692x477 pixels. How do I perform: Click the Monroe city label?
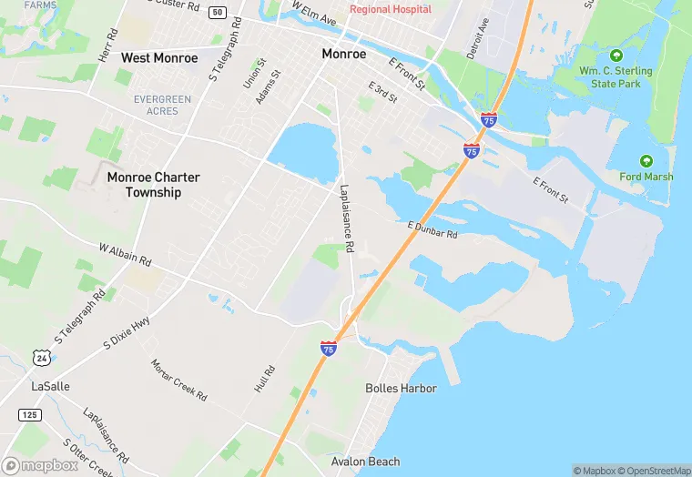(x=344, y=55)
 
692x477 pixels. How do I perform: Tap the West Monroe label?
(x=159, y=58)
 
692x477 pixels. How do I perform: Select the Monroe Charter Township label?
(x=154, y=185)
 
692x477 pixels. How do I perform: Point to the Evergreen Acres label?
(x=162, y=104)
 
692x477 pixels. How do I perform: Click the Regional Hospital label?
(x=391, y=10)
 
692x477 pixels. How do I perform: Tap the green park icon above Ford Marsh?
(x=646, y=160)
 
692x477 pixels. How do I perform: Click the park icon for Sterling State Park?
(x=616, y=56)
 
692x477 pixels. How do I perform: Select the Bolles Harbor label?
(x=401, y=389)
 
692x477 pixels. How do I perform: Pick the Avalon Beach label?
(x=365, y=462)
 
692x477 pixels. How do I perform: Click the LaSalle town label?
(x=50, y=386)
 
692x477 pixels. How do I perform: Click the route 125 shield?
(x=29, y=415)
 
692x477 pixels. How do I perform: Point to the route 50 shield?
(x=217, y=12)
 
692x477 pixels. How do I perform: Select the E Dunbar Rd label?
(x=432, y=229)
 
